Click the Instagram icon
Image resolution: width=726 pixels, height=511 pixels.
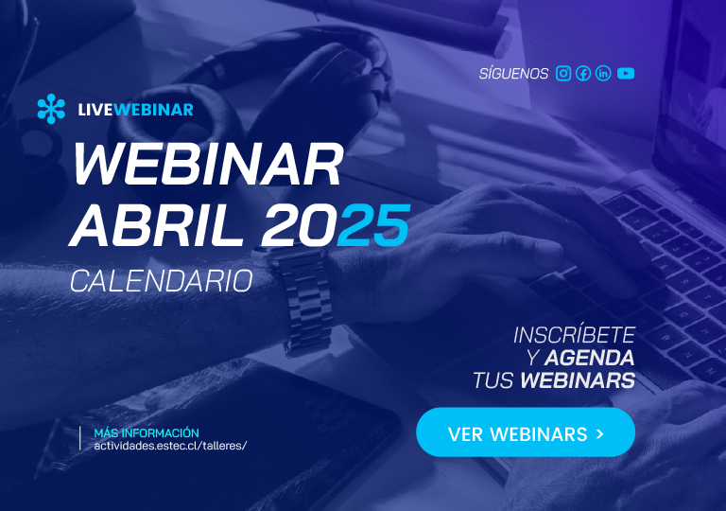click(563, 73)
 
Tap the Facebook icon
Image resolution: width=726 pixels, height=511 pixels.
click(583, 73)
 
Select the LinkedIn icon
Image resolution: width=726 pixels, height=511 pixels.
click(603, 73)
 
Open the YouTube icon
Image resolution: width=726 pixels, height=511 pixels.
click(626, 73)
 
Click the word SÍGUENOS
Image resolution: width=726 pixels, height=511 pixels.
click(513, 73)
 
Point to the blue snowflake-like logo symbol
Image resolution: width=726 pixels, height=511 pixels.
click(51, 109)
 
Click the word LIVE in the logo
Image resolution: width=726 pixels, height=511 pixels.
click(95, 110)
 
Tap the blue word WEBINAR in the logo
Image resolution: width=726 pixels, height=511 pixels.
click(153, 110)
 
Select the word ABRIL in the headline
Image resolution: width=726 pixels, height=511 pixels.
click(156, 226)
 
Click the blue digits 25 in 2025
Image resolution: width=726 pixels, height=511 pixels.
click(373, 226)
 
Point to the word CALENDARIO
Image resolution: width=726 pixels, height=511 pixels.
click(162, 281)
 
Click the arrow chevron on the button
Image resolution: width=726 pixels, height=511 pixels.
click(600, 433)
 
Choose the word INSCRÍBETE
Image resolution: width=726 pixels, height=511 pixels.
click(574, 335)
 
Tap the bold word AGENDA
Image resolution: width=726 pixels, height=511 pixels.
click(589, 358)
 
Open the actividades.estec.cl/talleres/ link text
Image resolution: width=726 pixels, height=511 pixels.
click(170, 446)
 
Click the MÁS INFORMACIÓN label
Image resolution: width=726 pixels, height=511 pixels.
click(147, 432)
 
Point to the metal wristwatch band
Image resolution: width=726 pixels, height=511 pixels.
click(306, 304)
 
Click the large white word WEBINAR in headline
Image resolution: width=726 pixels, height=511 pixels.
click(208, 164)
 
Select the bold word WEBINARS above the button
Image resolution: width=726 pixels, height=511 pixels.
click(578, 380)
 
